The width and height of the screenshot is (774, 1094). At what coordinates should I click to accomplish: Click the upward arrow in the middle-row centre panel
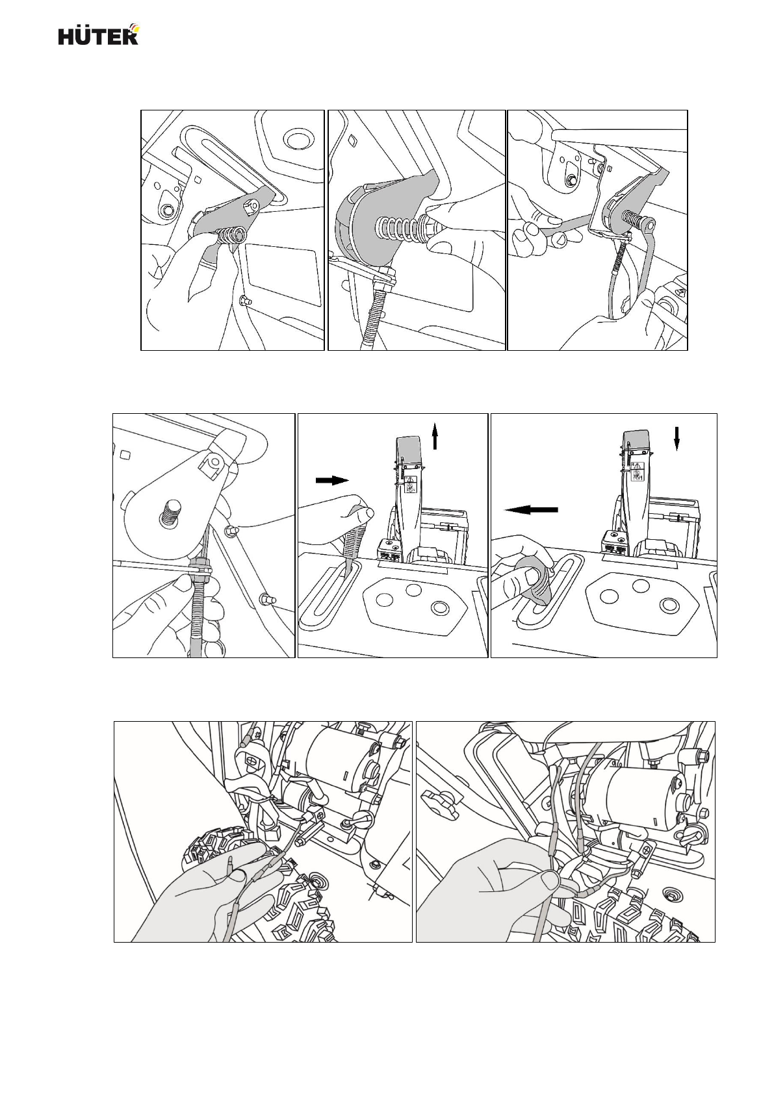click(435, 436)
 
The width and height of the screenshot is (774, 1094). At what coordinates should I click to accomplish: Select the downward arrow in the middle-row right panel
click(677, 438)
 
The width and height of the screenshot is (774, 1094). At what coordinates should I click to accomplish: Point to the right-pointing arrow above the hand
click(332, 481)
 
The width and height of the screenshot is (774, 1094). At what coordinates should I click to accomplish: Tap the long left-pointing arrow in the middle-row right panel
click(531, 510)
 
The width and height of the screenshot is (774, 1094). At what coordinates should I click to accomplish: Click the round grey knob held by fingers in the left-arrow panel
click(537, 583)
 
